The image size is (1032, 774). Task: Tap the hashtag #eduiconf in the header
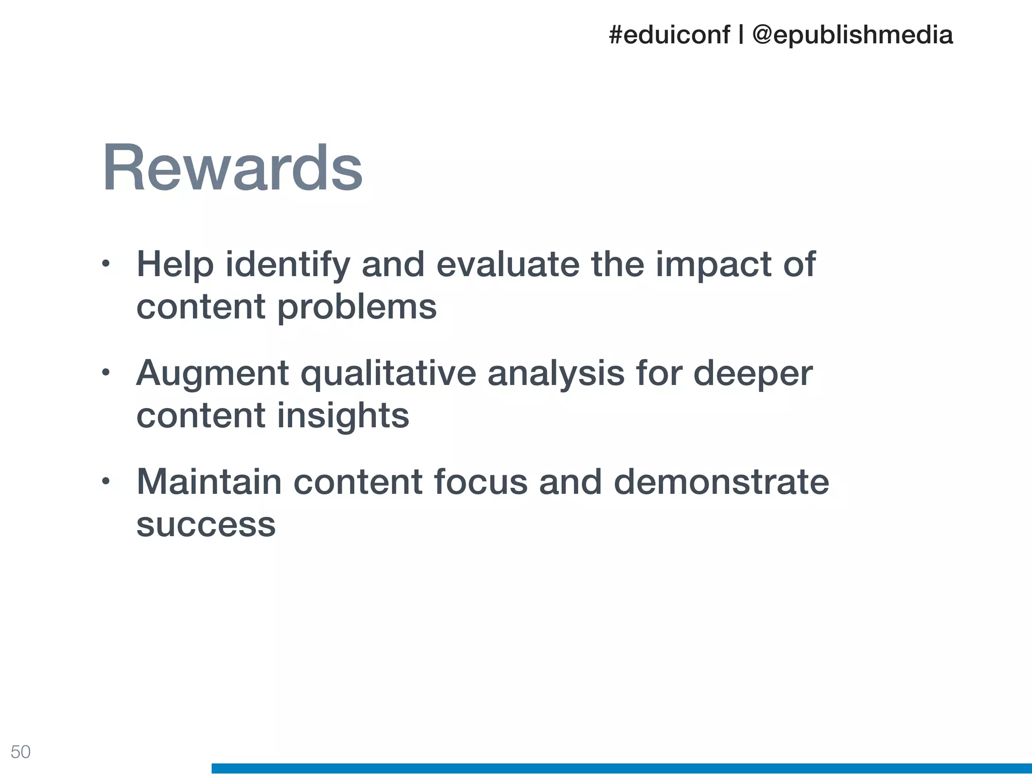coord(669,35)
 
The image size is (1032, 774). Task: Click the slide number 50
coord(21,752)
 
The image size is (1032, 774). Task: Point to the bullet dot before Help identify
coord(105,264)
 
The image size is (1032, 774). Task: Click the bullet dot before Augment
coord(105,373)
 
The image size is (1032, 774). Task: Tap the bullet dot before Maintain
coord(105,482)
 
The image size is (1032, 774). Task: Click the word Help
coord(175,265)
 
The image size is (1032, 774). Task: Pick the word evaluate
coord(507,265)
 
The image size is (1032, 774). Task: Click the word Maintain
coord(209,482)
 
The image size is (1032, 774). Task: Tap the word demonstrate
coord(721,482)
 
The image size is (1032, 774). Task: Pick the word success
coord(206,525)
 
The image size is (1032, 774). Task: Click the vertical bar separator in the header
coord(741,35)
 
